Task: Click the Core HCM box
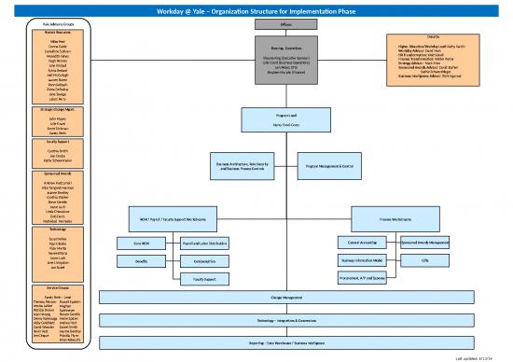[142, 243]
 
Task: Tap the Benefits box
[142, 261]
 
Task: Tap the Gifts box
[424, 260]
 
